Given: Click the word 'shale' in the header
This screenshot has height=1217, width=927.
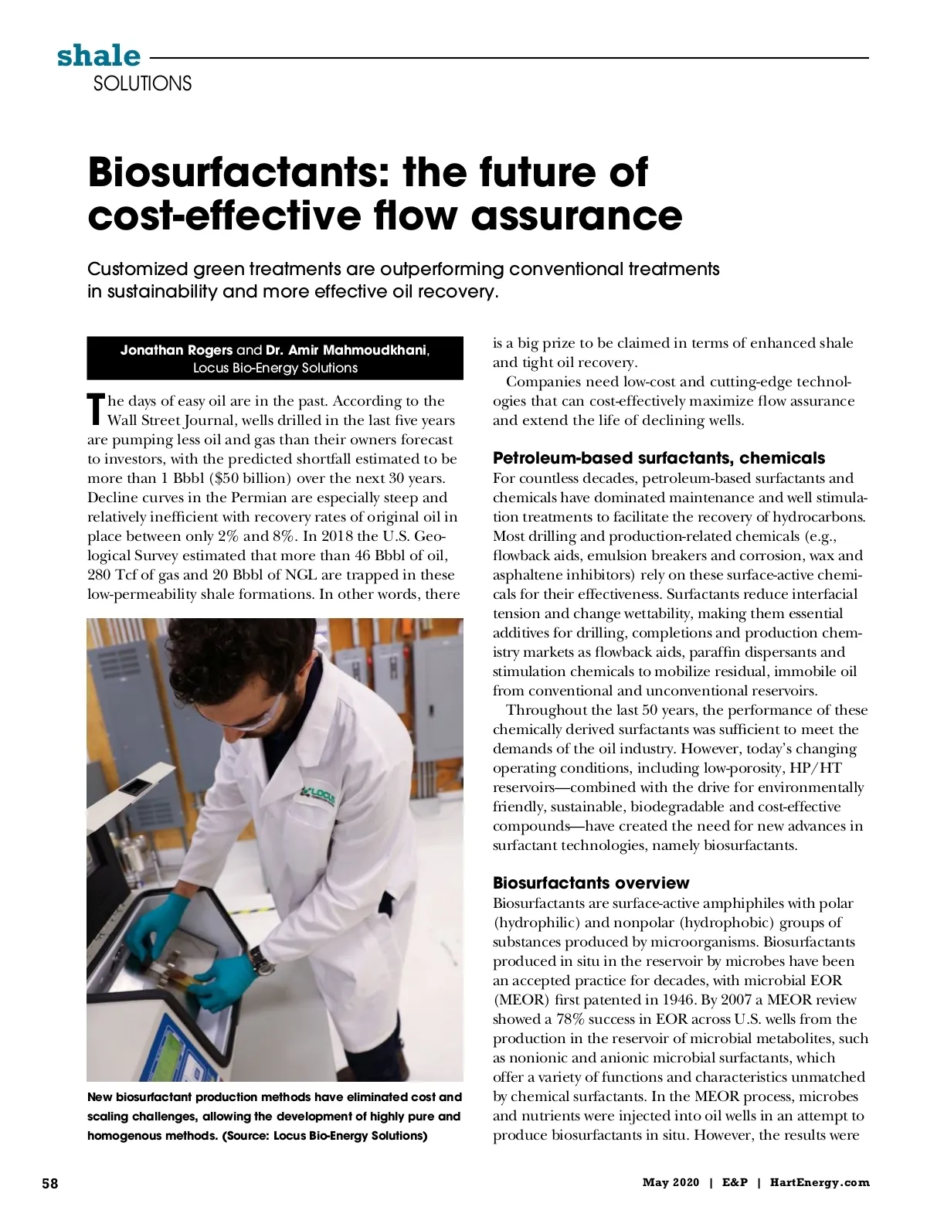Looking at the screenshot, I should pyautogui.click(x=98, y=56).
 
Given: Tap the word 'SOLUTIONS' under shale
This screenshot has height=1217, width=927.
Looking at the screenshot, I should pyautogui.click(x=142, y=83).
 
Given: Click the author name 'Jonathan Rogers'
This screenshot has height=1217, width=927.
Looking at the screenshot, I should pyautogui.click(x=176, y=350).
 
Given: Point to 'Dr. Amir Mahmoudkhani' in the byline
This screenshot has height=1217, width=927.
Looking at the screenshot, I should pyautogui.click(x=347, y=350).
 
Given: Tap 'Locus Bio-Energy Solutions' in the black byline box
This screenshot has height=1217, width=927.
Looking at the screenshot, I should pyautogui.click(x=275, y=368).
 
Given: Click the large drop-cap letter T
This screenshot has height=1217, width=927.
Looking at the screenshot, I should pyautogui.click(x=96, y=409).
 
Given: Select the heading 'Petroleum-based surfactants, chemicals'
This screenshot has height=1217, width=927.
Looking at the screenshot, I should pyautogui.click(x=658, y=458).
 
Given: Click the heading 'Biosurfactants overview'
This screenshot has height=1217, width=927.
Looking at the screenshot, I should pyautogui.click(x=591, y=882).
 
